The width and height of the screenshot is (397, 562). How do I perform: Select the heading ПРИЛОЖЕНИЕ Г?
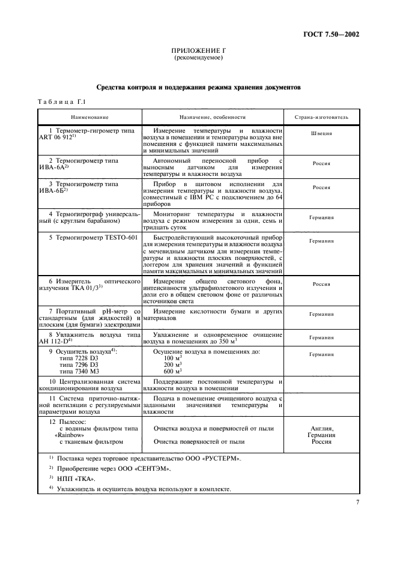[198, 52]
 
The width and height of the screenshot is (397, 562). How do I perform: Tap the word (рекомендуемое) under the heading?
[198, 59]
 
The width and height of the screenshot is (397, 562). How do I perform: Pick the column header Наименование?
[89, 117]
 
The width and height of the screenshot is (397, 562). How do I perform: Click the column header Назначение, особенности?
[212, 117]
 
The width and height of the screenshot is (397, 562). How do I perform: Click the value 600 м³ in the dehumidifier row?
[172, 372]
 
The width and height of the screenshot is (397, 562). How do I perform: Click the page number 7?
[357, 503]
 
